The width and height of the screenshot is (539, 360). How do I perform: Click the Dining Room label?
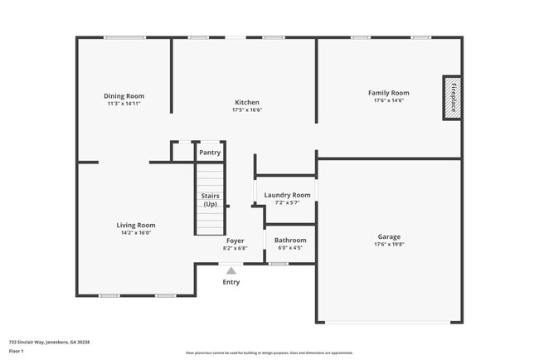[x=124, y=95]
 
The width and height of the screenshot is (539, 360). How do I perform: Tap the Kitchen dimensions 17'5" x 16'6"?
[x=248, y=109]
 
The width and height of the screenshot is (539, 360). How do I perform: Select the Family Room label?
[x=388, y=93]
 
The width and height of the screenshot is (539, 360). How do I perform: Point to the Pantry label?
[x=211, y=153]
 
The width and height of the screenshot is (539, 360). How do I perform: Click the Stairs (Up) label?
[x=211, y=200]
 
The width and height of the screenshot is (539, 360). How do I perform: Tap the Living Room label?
[x=135, y=225]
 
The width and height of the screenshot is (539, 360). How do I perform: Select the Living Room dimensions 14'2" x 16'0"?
[x=135, y=233]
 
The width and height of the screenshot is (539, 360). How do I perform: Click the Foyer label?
[x=236, y=241]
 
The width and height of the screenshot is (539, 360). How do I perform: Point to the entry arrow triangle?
[x=231, y=270]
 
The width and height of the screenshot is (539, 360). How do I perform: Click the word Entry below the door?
[x=231, y=282]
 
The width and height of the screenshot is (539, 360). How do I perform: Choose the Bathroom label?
[x=290, y=241]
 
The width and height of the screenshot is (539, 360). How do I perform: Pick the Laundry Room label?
[x=287, y=195]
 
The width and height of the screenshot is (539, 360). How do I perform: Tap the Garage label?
[x=388, y=236]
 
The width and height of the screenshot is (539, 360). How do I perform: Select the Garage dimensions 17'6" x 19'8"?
[x=388, y=245]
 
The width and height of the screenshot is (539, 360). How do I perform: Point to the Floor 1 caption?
[x=17, y=351]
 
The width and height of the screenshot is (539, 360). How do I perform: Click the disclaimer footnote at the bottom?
[x=269, y=353]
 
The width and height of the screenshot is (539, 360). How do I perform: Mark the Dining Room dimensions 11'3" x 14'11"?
[x=124, y=104]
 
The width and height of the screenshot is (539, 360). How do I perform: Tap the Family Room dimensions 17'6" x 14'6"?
[x=388, y=101]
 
